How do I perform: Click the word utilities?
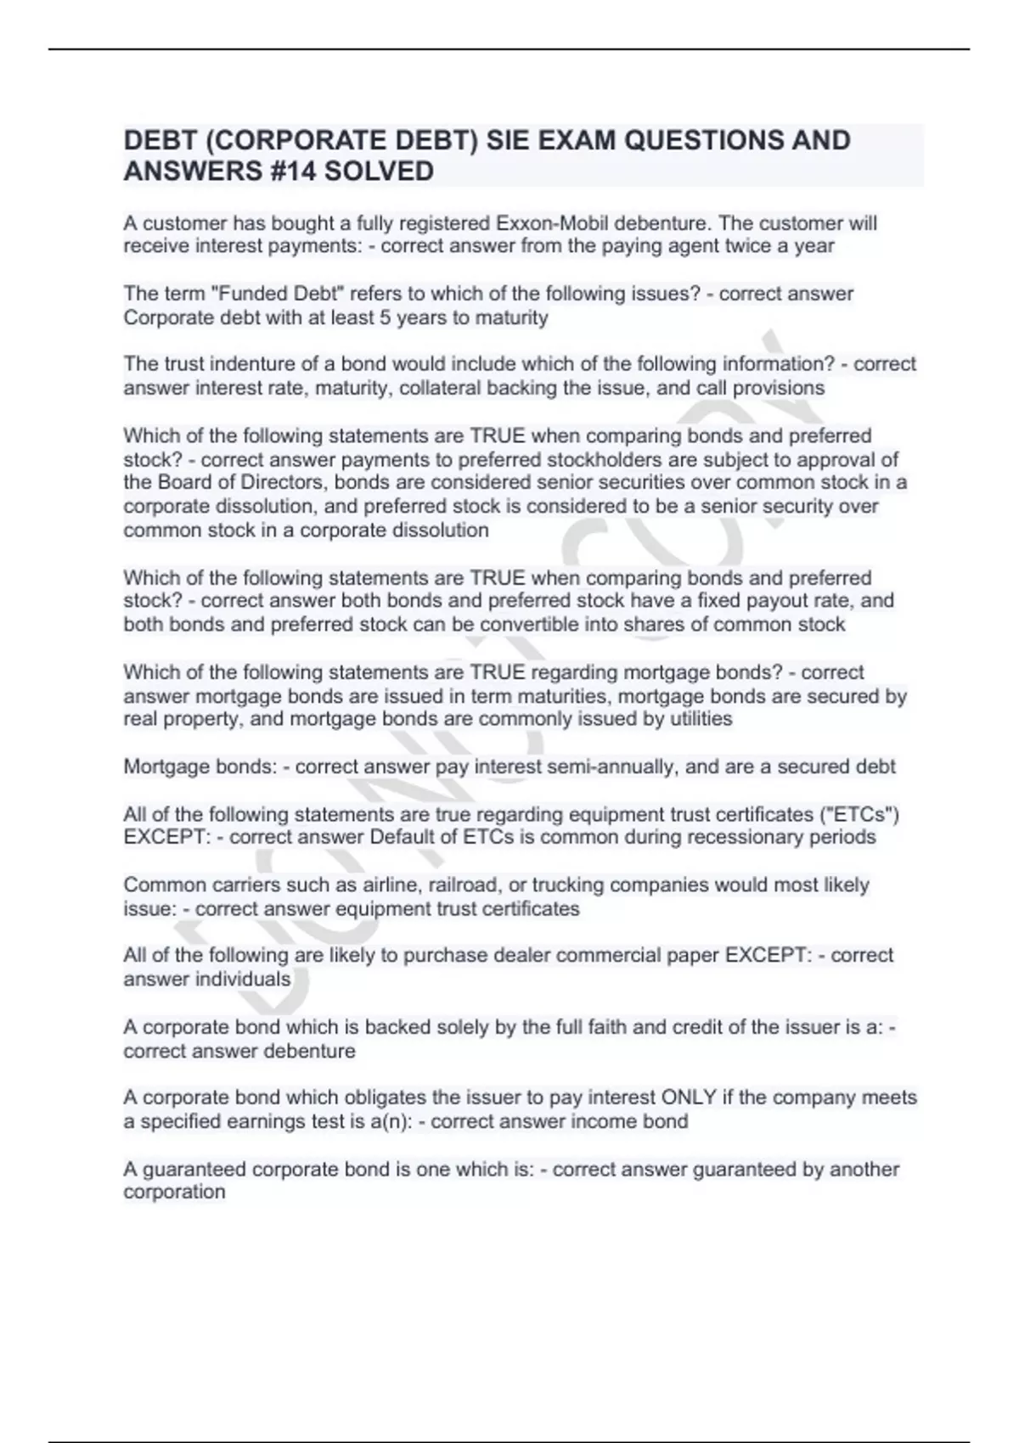click(696, 719)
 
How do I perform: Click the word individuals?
click(243, 979)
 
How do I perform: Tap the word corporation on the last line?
click(174, 1192)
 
